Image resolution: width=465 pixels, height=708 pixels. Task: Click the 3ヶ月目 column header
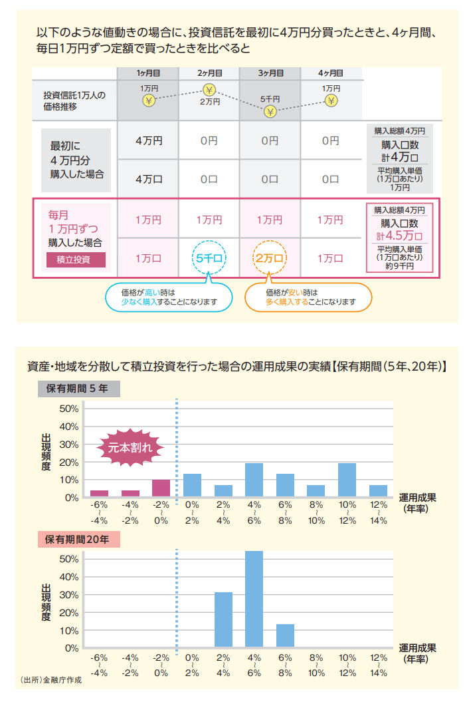coord(270,73)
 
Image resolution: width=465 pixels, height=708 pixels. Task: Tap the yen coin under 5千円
coord(270,111)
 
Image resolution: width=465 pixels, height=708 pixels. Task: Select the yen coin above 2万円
coord(210,90)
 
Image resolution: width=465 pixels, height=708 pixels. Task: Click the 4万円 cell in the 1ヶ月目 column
coord(148,140)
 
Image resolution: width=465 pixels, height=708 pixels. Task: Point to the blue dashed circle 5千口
coord(210,258)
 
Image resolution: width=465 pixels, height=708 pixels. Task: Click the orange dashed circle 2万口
coord(270,258)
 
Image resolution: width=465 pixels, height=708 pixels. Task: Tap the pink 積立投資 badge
coord(76,260)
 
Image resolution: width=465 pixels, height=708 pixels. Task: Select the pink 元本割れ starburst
coord(130,448)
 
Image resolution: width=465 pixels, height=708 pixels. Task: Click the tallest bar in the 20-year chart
coord(254,599)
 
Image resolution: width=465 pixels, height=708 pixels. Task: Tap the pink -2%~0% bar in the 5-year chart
coord(161,488)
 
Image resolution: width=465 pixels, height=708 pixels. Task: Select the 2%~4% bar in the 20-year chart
coord(223,619)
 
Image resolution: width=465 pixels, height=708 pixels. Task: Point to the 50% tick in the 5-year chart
coord(69,409)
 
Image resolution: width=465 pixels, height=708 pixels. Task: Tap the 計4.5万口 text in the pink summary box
coord(400,235)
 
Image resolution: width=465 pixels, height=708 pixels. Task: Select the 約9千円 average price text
coord(399,265)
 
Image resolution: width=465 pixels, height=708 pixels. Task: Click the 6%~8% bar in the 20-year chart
coord(285,635)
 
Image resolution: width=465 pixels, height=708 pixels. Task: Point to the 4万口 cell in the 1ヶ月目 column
coord(148,178)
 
